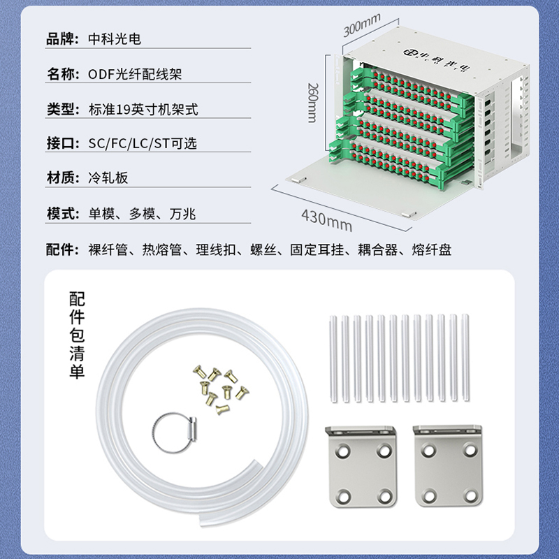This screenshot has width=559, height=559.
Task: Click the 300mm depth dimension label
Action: pos(362,25)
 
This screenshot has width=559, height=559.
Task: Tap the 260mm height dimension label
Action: pos(312,103)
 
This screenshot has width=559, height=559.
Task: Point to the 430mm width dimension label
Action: pos(326,220)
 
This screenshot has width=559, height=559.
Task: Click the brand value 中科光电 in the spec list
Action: pos(115,39)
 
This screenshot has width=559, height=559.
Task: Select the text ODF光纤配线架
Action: pos(135,74)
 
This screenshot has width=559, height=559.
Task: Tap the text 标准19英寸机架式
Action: pos(143,109)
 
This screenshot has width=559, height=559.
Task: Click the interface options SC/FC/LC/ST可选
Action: pos(143,143)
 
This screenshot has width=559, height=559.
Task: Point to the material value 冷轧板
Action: pos(108,177)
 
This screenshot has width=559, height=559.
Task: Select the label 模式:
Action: pos(63,214)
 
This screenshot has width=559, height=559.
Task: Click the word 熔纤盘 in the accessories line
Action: pos(432,249)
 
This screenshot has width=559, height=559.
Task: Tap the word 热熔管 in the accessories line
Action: pos(162,249)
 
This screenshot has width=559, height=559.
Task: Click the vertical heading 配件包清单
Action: pos(77,335)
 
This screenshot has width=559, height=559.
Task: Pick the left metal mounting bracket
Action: pos(361,465)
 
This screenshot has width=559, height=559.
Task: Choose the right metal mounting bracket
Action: pos(449,465)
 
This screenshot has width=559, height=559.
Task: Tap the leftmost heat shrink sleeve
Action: pos(333,358)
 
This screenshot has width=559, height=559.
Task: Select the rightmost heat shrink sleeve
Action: pos(465,358)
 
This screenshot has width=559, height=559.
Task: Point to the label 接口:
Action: pos(63,143)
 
